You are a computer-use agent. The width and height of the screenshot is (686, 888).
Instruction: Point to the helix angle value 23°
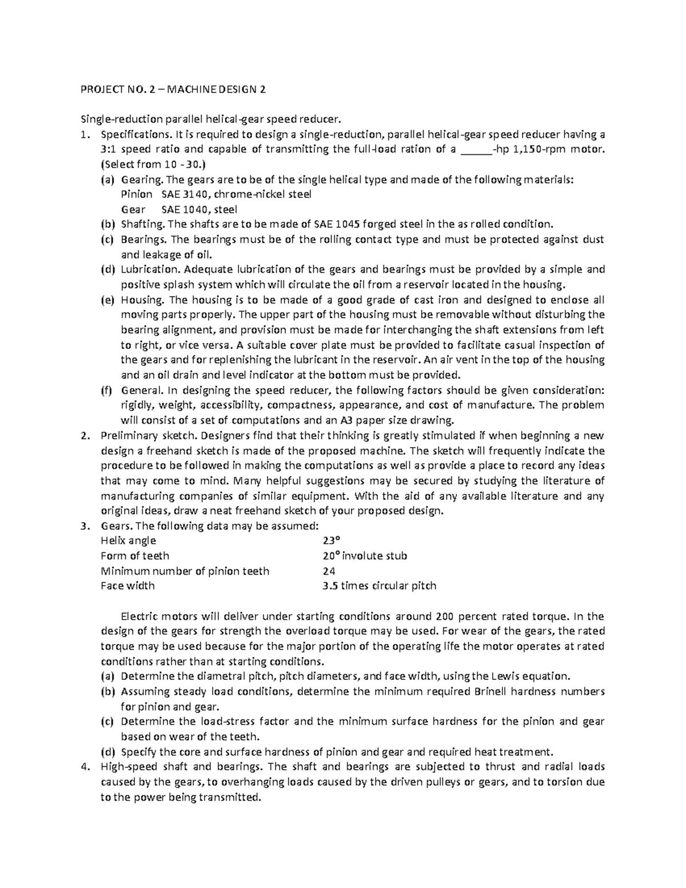pos(331,540)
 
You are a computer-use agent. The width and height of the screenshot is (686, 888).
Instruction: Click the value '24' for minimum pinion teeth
pos(329,571)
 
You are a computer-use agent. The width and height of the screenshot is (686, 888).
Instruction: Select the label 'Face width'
pos(127,586)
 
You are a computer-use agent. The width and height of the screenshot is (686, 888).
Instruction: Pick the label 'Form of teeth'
pos(134,555)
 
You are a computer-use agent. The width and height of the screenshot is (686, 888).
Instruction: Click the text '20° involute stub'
pos(365,555)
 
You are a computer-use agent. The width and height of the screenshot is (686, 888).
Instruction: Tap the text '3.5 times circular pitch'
pos(379,586)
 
